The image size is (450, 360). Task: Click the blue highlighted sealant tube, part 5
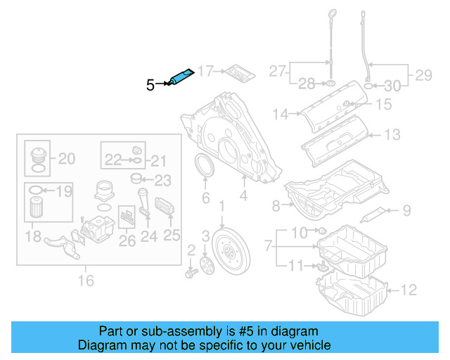pos(181,77)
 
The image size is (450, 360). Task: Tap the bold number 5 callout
pos(150,86)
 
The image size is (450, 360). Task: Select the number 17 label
pos(205,71)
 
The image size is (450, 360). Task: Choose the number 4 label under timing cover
pos(243,198)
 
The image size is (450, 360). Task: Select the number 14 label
pos(281,113)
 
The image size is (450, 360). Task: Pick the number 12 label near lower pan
pos(409,289)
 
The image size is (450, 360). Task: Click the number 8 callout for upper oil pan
pos(276,205)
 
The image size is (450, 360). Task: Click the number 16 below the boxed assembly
pos(86,281)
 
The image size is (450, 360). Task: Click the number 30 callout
pos(393,86)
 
